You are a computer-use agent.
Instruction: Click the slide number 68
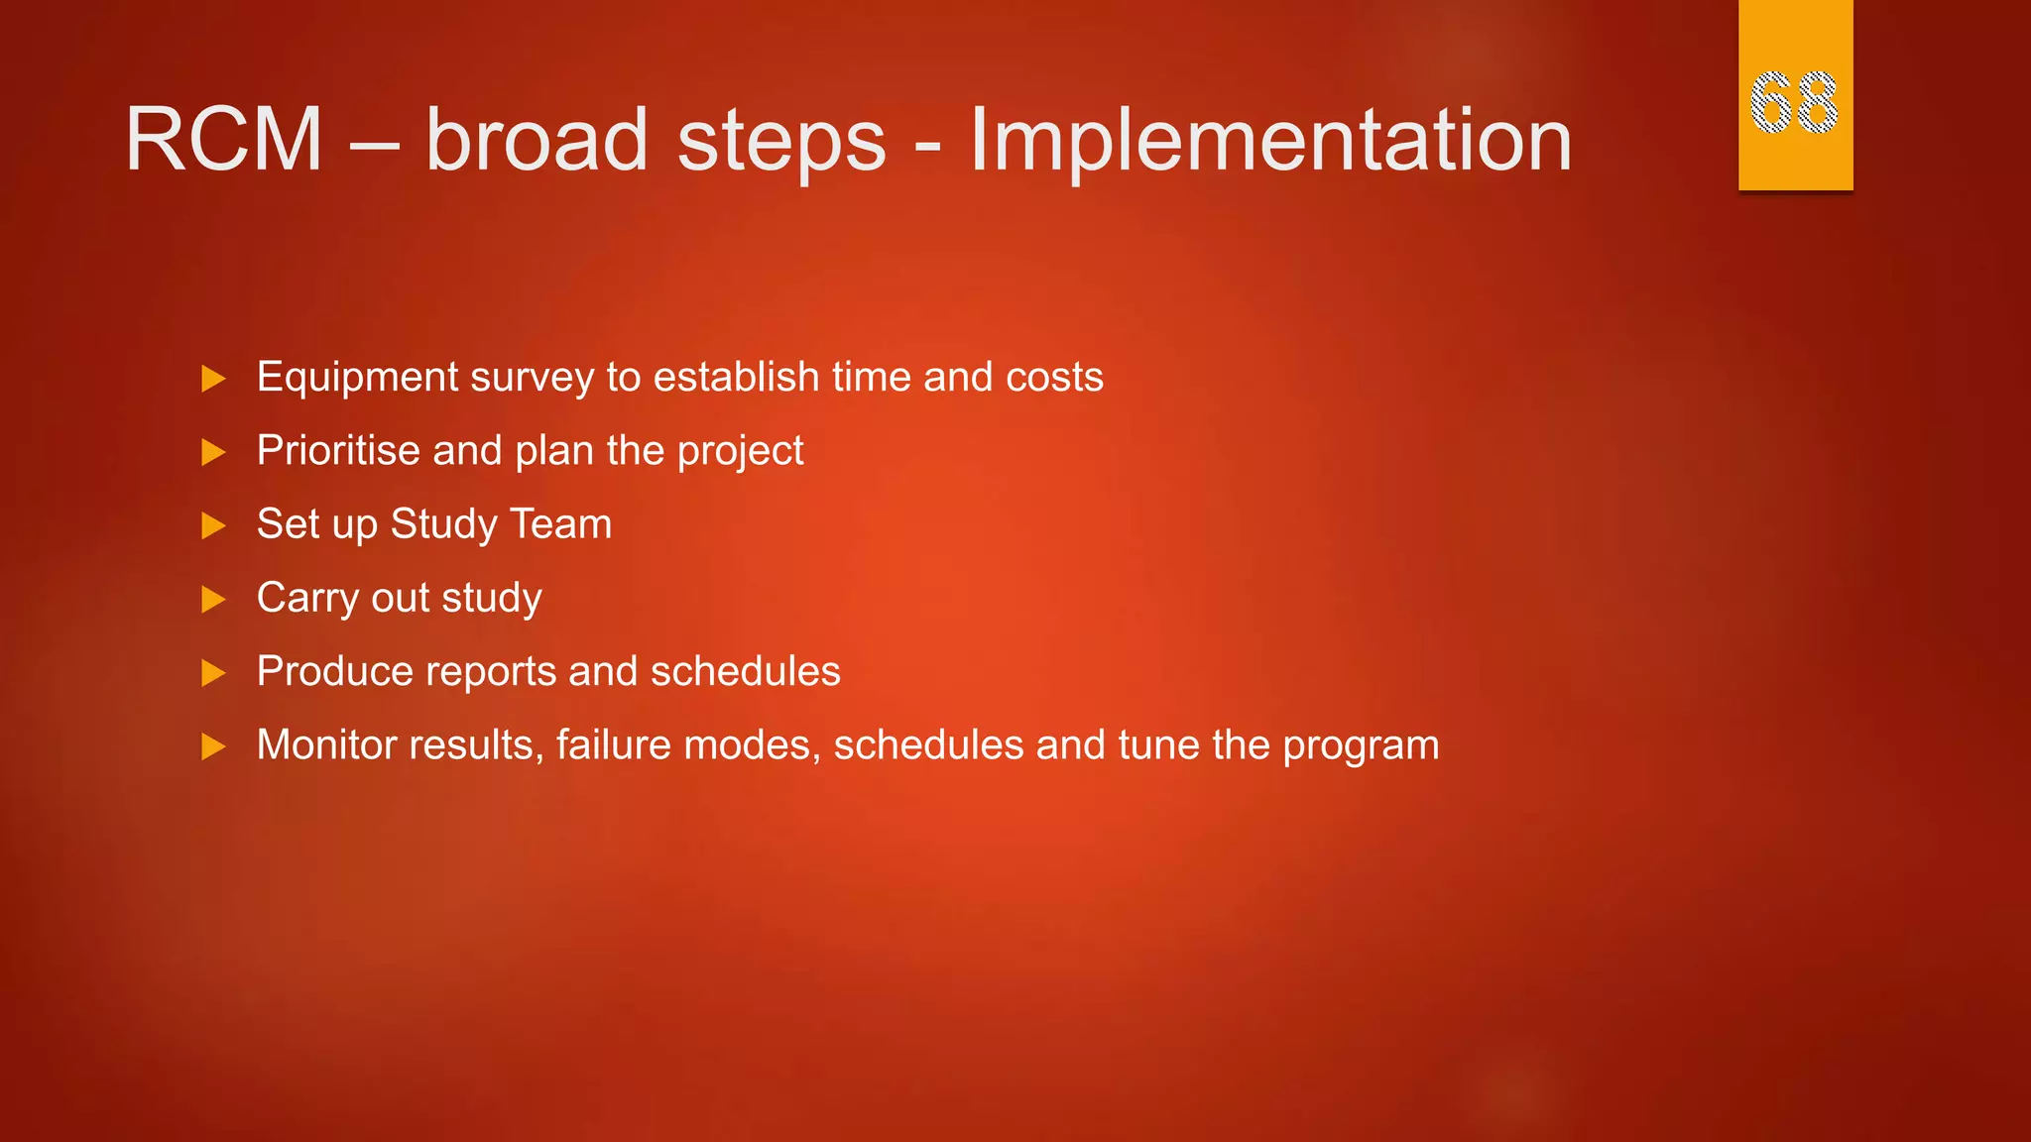[1794, 102]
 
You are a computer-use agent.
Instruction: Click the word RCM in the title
[224, 140]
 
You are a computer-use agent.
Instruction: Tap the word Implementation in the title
[1270, 142]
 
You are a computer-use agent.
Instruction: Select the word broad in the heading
[536, 140]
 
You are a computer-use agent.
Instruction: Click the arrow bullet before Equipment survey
[213, 379]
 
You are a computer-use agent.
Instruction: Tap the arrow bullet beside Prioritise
[213, 453]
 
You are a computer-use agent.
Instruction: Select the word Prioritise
[338, 451]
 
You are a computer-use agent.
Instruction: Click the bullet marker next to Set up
[213, 525]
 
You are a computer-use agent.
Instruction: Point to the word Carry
[307, 599]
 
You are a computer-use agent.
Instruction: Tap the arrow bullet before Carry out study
[213, 600]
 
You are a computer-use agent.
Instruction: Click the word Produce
[334, 672]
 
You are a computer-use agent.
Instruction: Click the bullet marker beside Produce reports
[213, 674]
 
